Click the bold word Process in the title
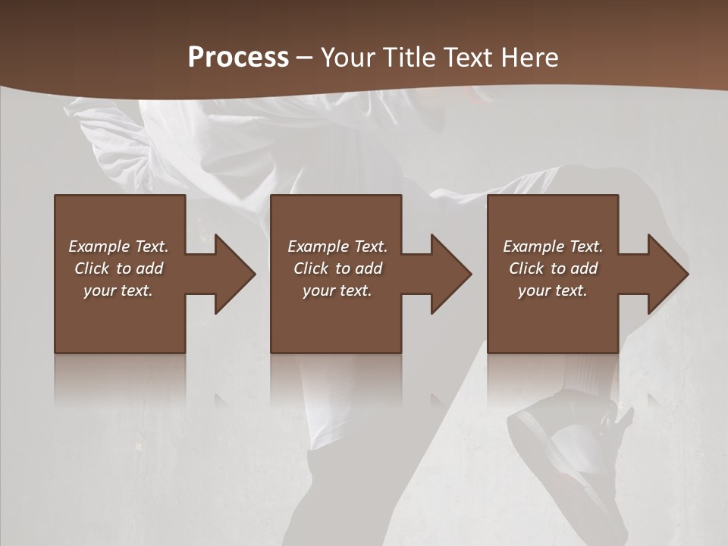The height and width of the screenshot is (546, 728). (x=238, y=58)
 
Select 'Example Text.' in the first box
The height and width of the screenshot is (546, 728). (x=118, y=246)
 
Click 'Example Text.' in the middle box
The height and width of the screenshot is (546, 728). (x=337, y=246)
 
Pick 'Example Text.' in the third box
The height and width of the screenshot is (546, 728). (x=553, y=246)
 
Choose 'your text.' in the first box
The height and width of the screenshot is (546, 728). (x=118, y=290)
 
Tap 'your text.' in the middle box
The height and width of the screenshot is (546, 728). (x=337, y=290)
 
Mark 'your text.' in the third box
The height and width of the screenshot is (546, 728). (x=553, y=290)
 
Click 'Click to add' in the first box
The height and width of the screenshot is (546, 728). (x=118, y=268)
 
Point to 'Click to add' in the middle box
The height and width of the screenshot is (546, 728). (x=337, y=268)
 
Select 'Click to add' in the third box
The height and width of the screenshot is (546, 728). (x=553, y=268)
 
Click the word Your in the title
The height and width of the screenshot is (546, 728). (x=347, y=58)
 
